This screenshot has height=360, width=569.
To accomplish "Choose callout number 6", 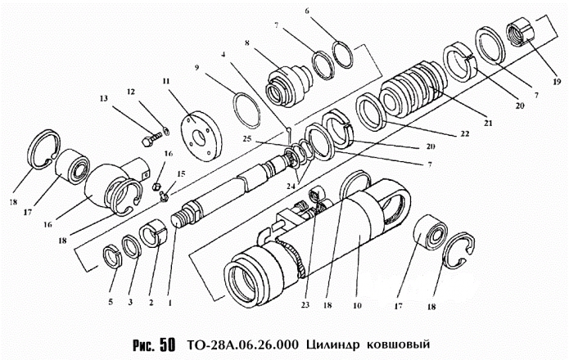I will (x=308, y=11).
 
